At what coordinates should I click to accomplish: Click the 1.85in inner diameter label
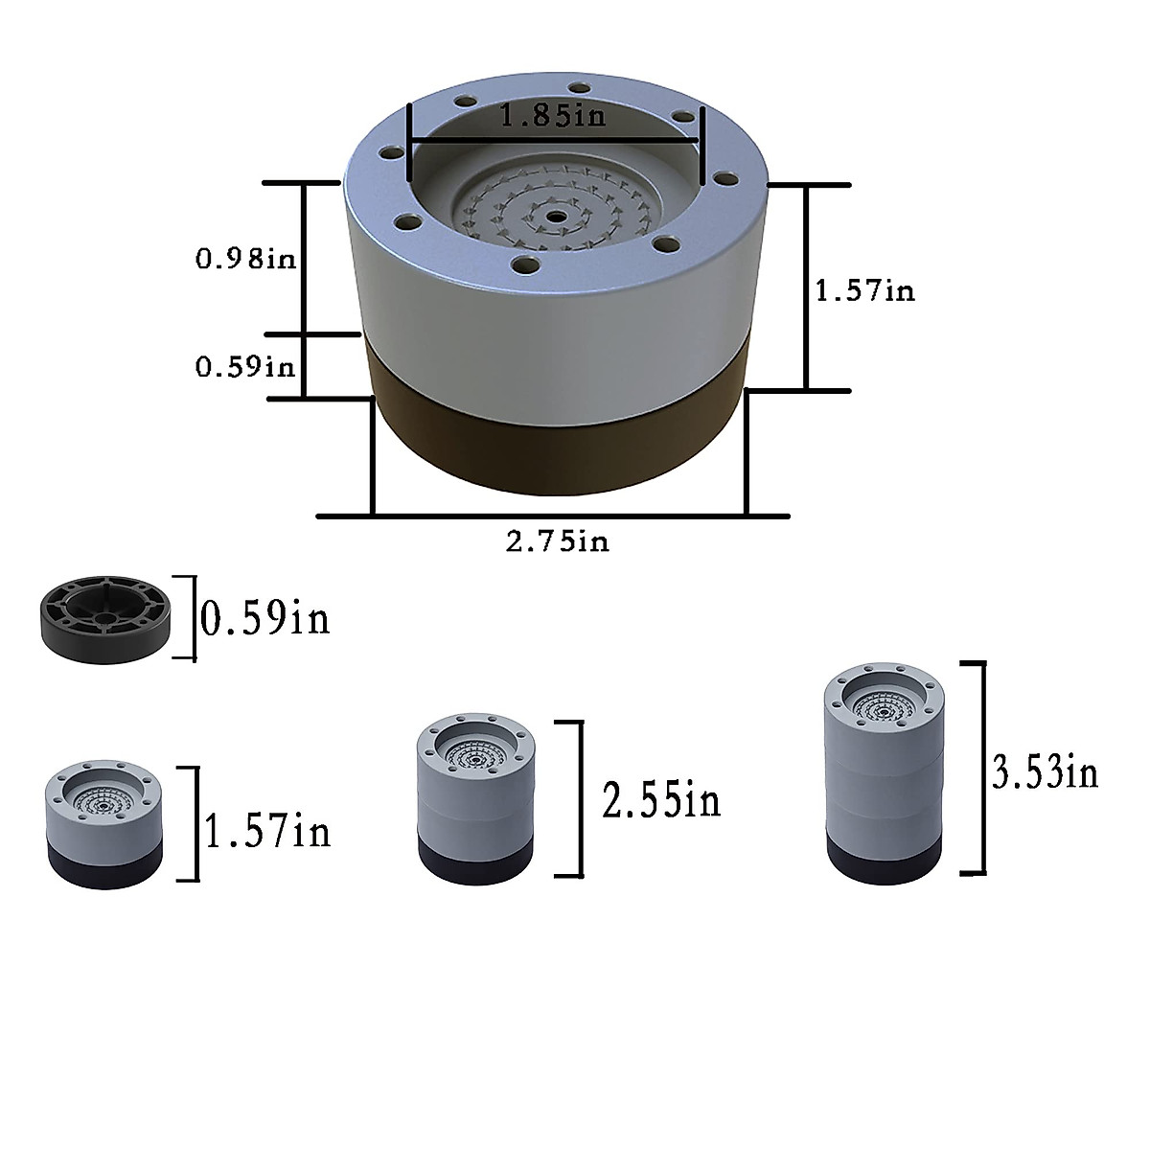click(552, 115)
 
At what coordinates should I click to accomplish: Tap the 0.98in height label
click(246, 259)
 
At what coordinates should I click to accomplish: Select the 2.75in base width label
click(558, 541)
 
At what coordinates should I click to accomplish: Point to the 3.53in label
click(1045, 773)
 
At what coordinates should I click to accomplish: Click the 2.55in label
click(661, 800)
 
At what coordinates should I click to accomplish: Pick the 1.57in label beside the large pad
click(864, 291)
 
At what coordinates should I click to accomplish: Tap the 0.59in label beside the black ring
click(264, 619)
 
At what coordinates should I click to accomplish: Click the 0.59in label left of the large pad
click(245, 366)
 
